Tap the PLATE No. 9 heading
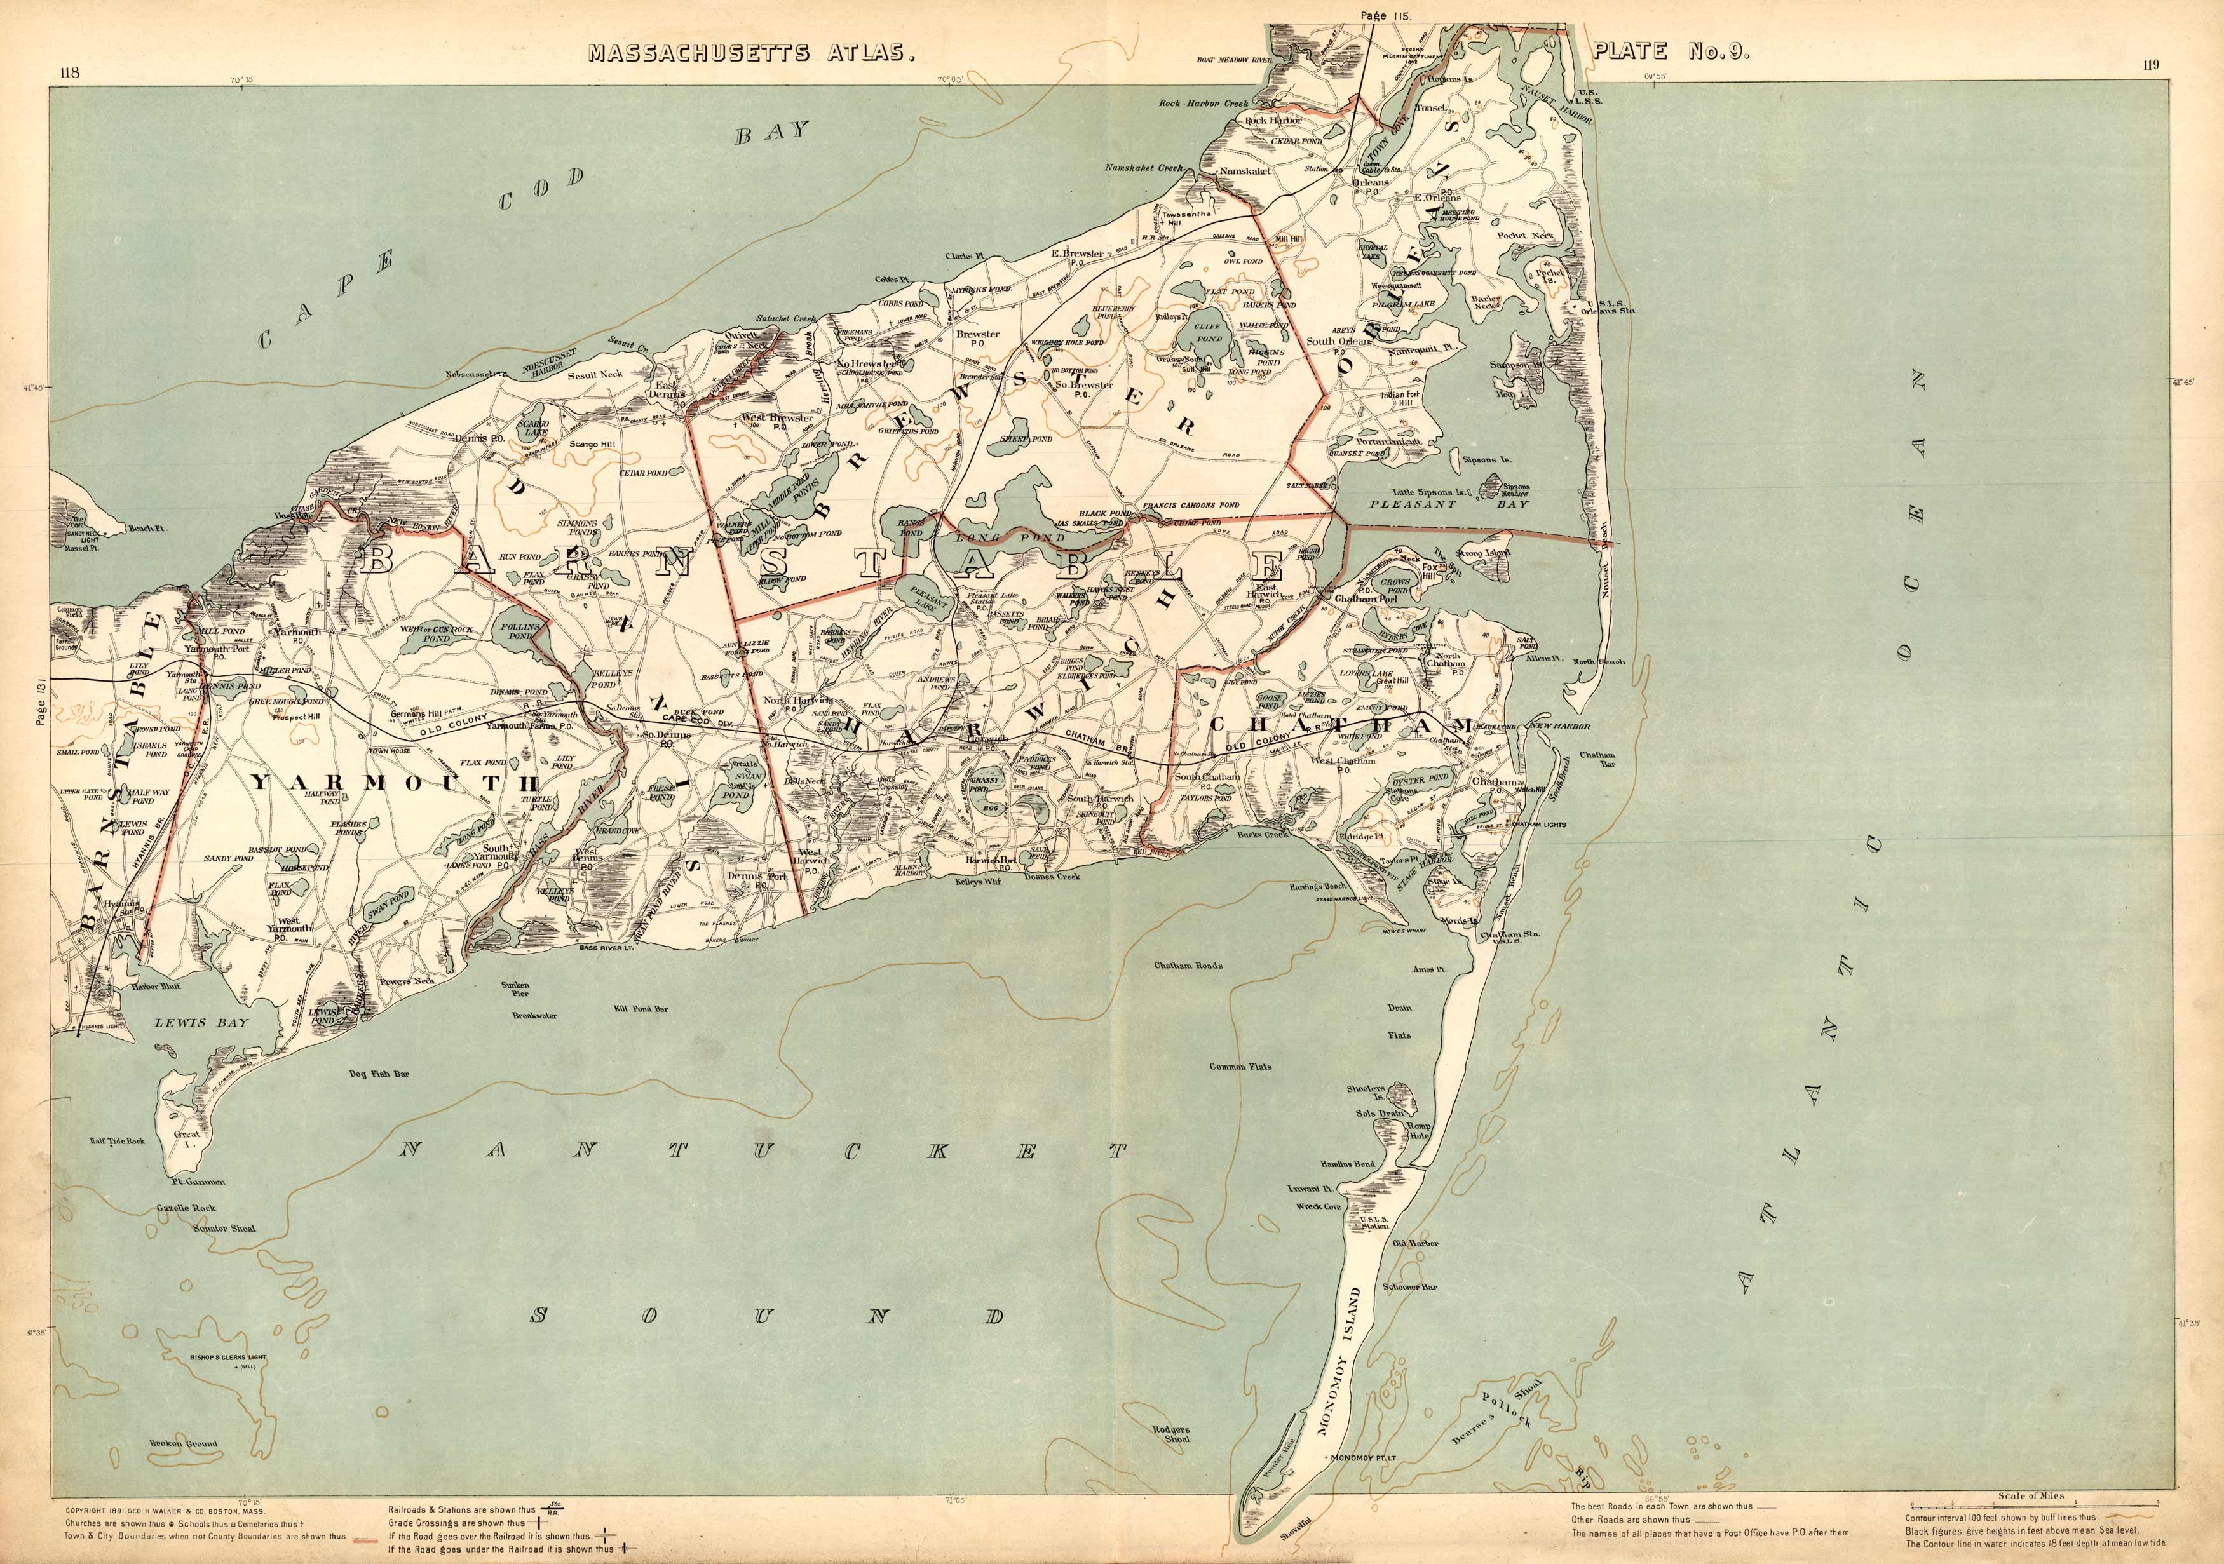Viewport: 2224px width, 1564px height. [1671, 51]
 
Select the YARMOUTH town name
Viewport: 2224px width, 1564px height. [394, 783]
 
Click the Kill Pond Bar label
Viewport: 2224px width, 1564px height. [641, 1008]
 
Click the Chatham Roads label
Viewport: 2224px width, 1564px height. [1188, 966]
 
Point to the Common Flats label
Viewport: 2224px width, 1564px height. [1240, 1066]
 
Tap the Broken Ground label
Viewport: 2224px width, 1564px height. [183, 1443]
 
